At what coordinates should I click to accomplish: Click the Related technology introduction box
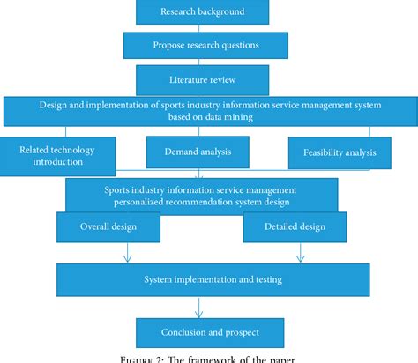tap(55, 155)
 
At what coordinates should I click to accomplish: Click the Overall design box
tap(108, 226)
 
